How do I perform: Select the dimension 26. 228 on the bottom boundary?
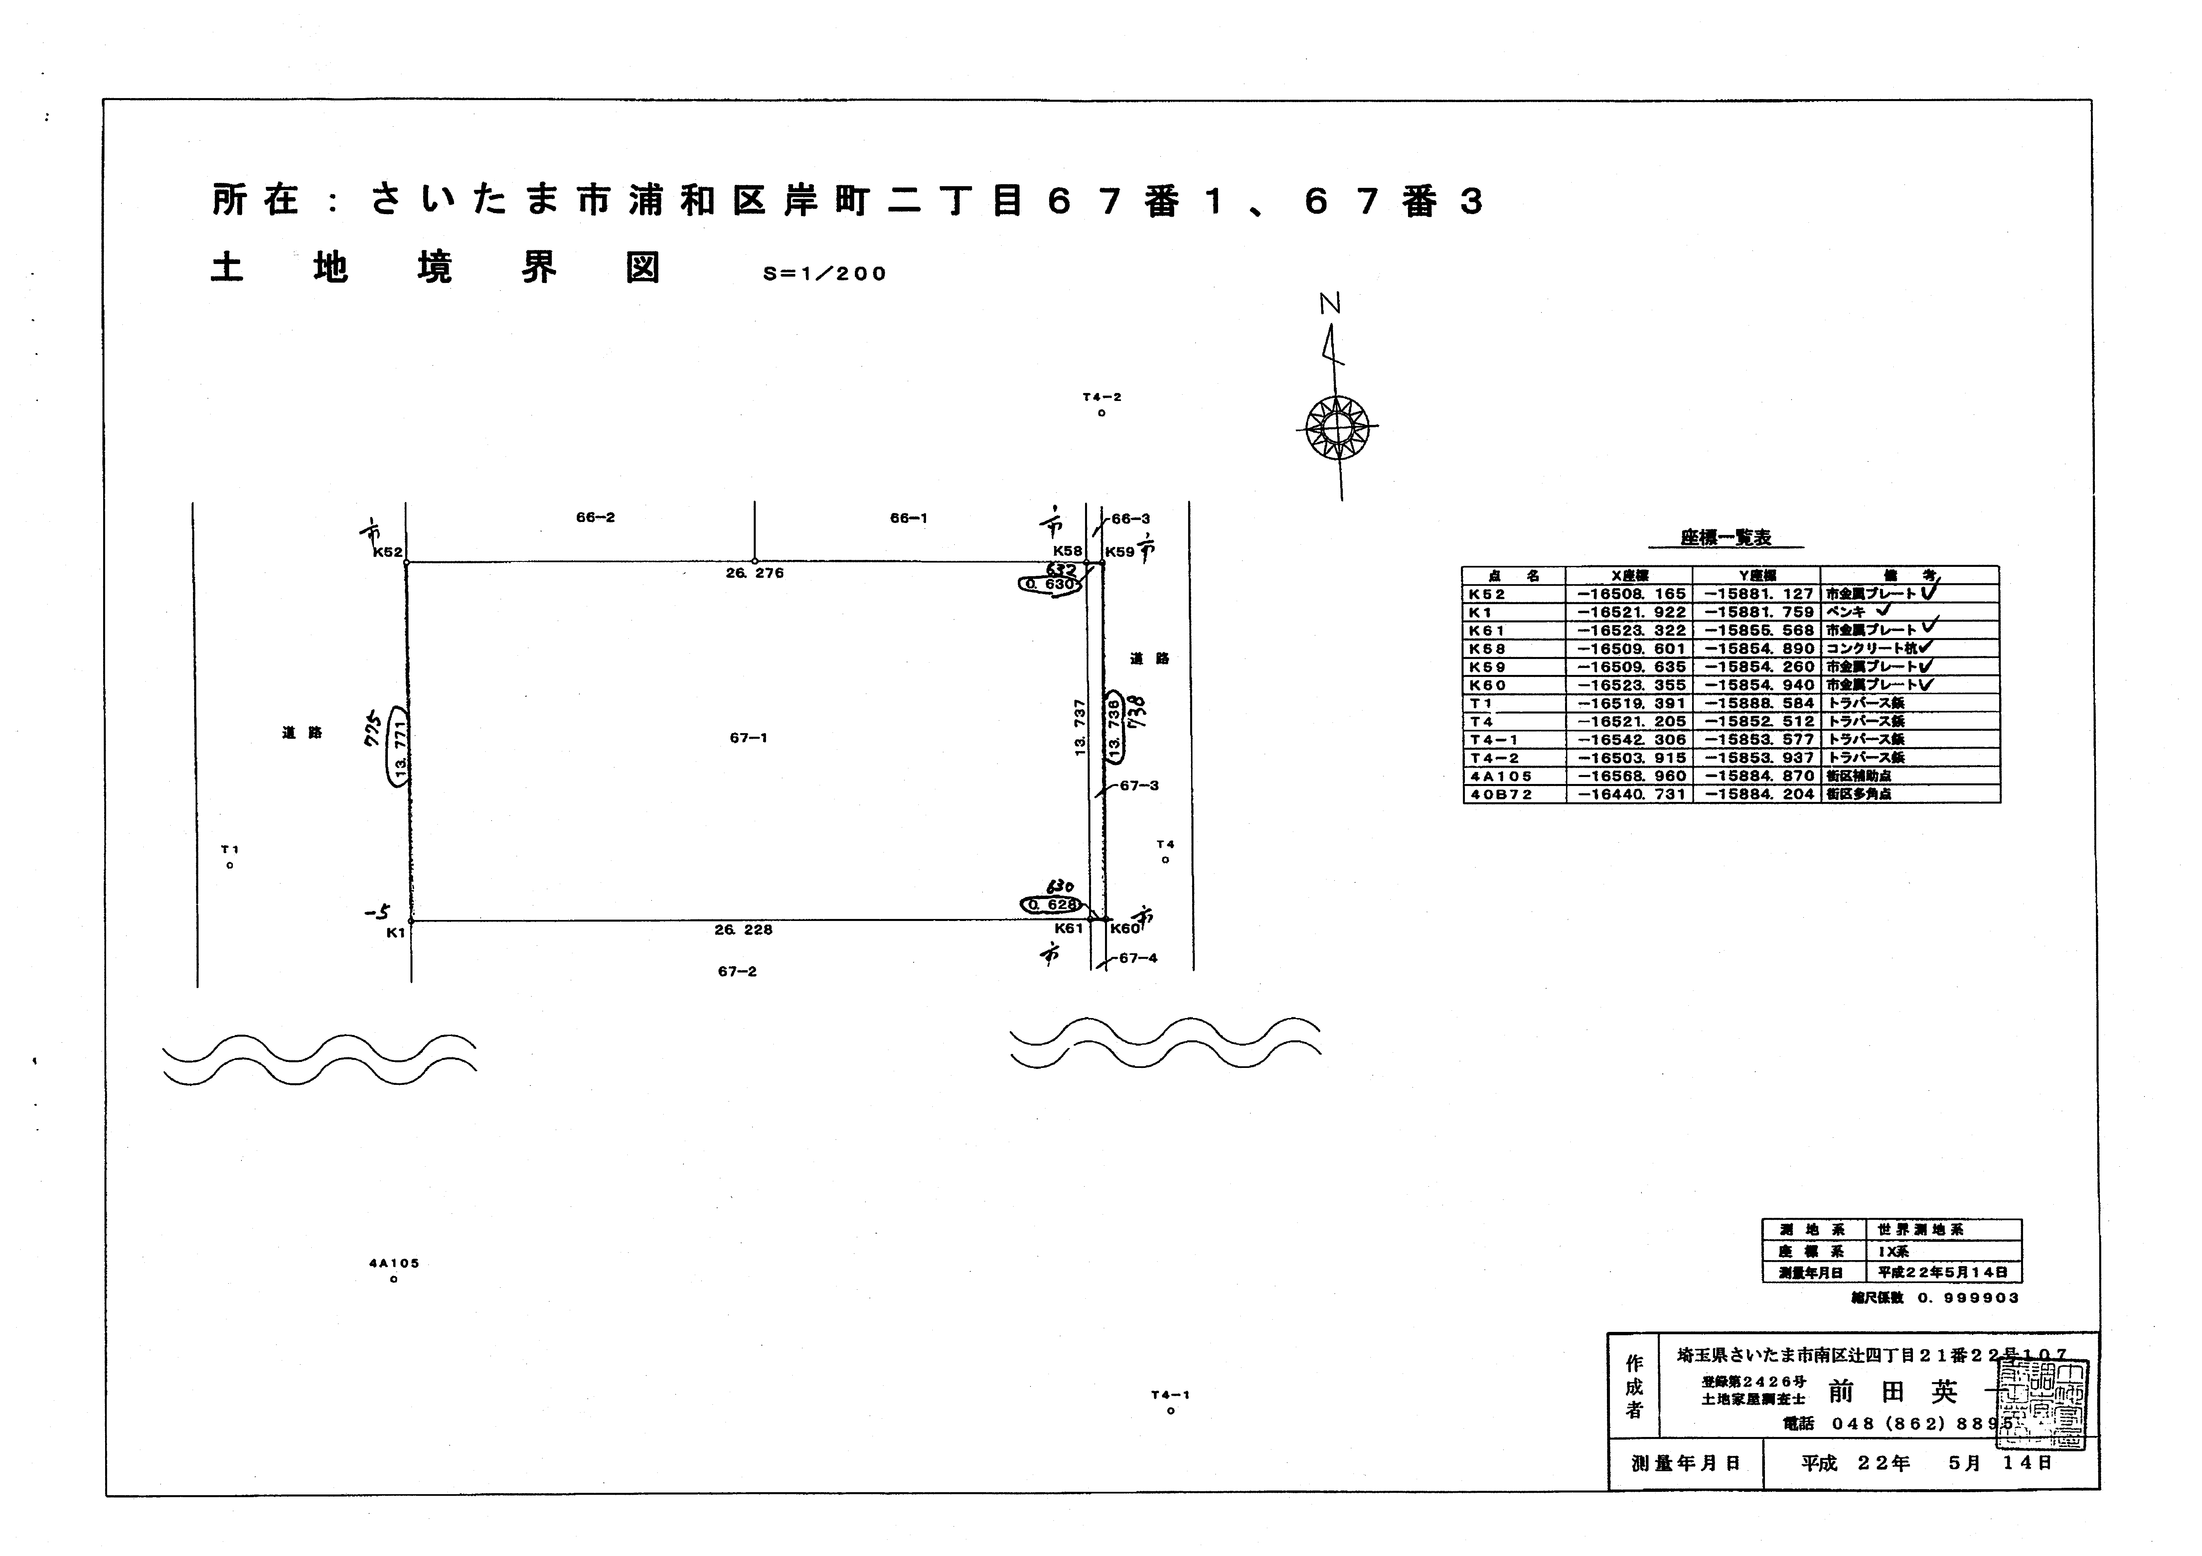point(743,930)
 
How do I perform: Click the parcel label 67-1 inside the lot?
point(748,738)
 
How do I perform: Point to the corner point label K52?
point(388,552)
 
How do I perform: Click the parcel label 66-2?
point(596,518)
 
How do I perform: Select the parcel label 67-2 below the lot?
point(737,972)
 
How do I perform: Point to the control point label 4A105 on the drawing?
point(394,1264)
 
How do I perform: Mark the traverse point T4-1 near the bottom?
point(1171,1411)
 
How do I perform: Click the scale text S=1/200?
point(825,274)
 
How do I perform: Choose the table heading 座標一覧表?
point(1725,539)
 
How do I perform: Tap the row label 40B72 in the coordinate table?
point(1501,795)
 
